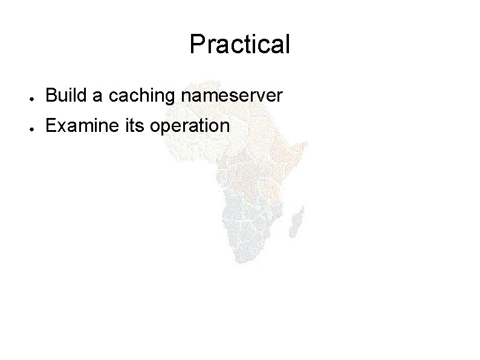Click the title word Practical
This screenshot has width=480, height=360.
pyautogui.click(x=240, y=44)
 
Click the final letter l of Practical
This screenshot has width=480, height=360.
pyautogui.click(x=287, y=44)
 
